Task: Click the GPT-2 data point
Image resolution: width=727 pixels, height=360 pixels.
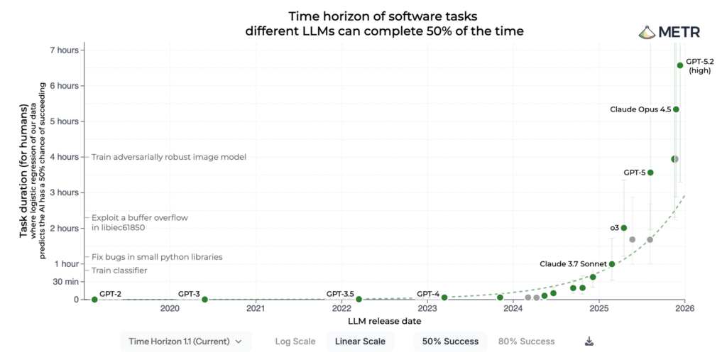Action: click(x=94, y=299)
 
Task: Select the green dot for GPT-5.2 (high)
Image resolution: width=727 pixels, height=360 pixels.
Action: click(x=680, y=65)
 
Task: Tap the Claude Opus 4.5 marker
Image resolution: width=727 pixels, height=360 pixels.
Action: click(x=676, y=109)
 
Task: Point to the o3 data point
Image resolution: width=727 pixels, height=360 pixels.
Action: click(x=624, y=228)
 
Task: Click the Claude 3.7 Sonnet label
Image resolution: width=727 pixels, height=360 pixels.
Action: click(x=573, y=264)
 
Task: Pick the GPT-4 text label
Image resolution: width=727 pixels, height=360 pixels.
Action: click(x=428, y=293)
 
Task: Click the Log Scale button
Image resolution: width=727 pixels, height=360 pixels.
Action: click(x=295, y=342)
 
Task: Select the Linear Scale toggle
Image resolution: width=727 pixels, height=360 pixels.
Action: click(x=360, y=342)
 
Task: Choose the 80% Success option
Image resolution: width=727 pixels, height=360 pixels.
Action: click(x=526, y=342)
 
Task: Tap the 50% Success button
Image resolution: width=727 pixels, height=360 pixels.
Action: click(x=450, y=342)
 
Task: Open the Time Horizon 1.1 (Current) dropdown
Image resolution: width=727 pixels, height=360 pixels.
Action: click(x=185, y=342)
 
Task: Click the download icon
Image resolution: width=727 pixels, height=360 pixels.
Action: click(x=589, y=342)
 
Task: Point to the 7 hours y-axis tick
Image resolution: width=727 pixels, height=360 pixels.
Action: click(x=63, y=50)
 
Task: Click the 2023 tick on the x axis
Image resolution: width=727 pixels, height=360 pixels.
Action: click(x=427, y=309)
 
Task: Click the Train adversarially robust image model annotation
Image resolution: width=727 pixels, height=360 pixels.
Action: click(x=169, y=157)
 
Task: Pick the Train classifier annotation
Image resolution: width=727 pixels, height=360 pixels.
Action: click(x=119, y=271)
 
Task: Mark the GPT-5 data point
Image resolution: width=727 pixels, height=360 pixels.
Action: click(x=650, y=173)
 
